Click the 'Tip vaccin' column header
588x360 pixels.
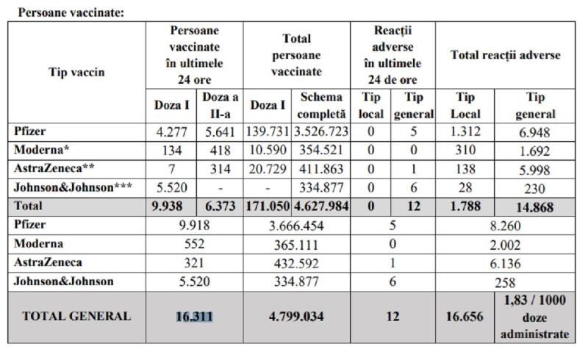(x=76, y=72)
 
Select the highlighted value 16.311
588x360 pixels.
(x=194, y=317)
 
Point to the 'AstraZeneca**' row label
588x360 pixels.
(x=49, y=169)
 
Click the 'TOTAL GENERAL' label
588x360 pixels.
(x=76, y=317)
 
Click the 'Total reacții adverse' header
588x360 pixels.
(x=505, y=55)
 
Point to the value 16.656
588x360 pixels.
(x=465, y=317)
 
